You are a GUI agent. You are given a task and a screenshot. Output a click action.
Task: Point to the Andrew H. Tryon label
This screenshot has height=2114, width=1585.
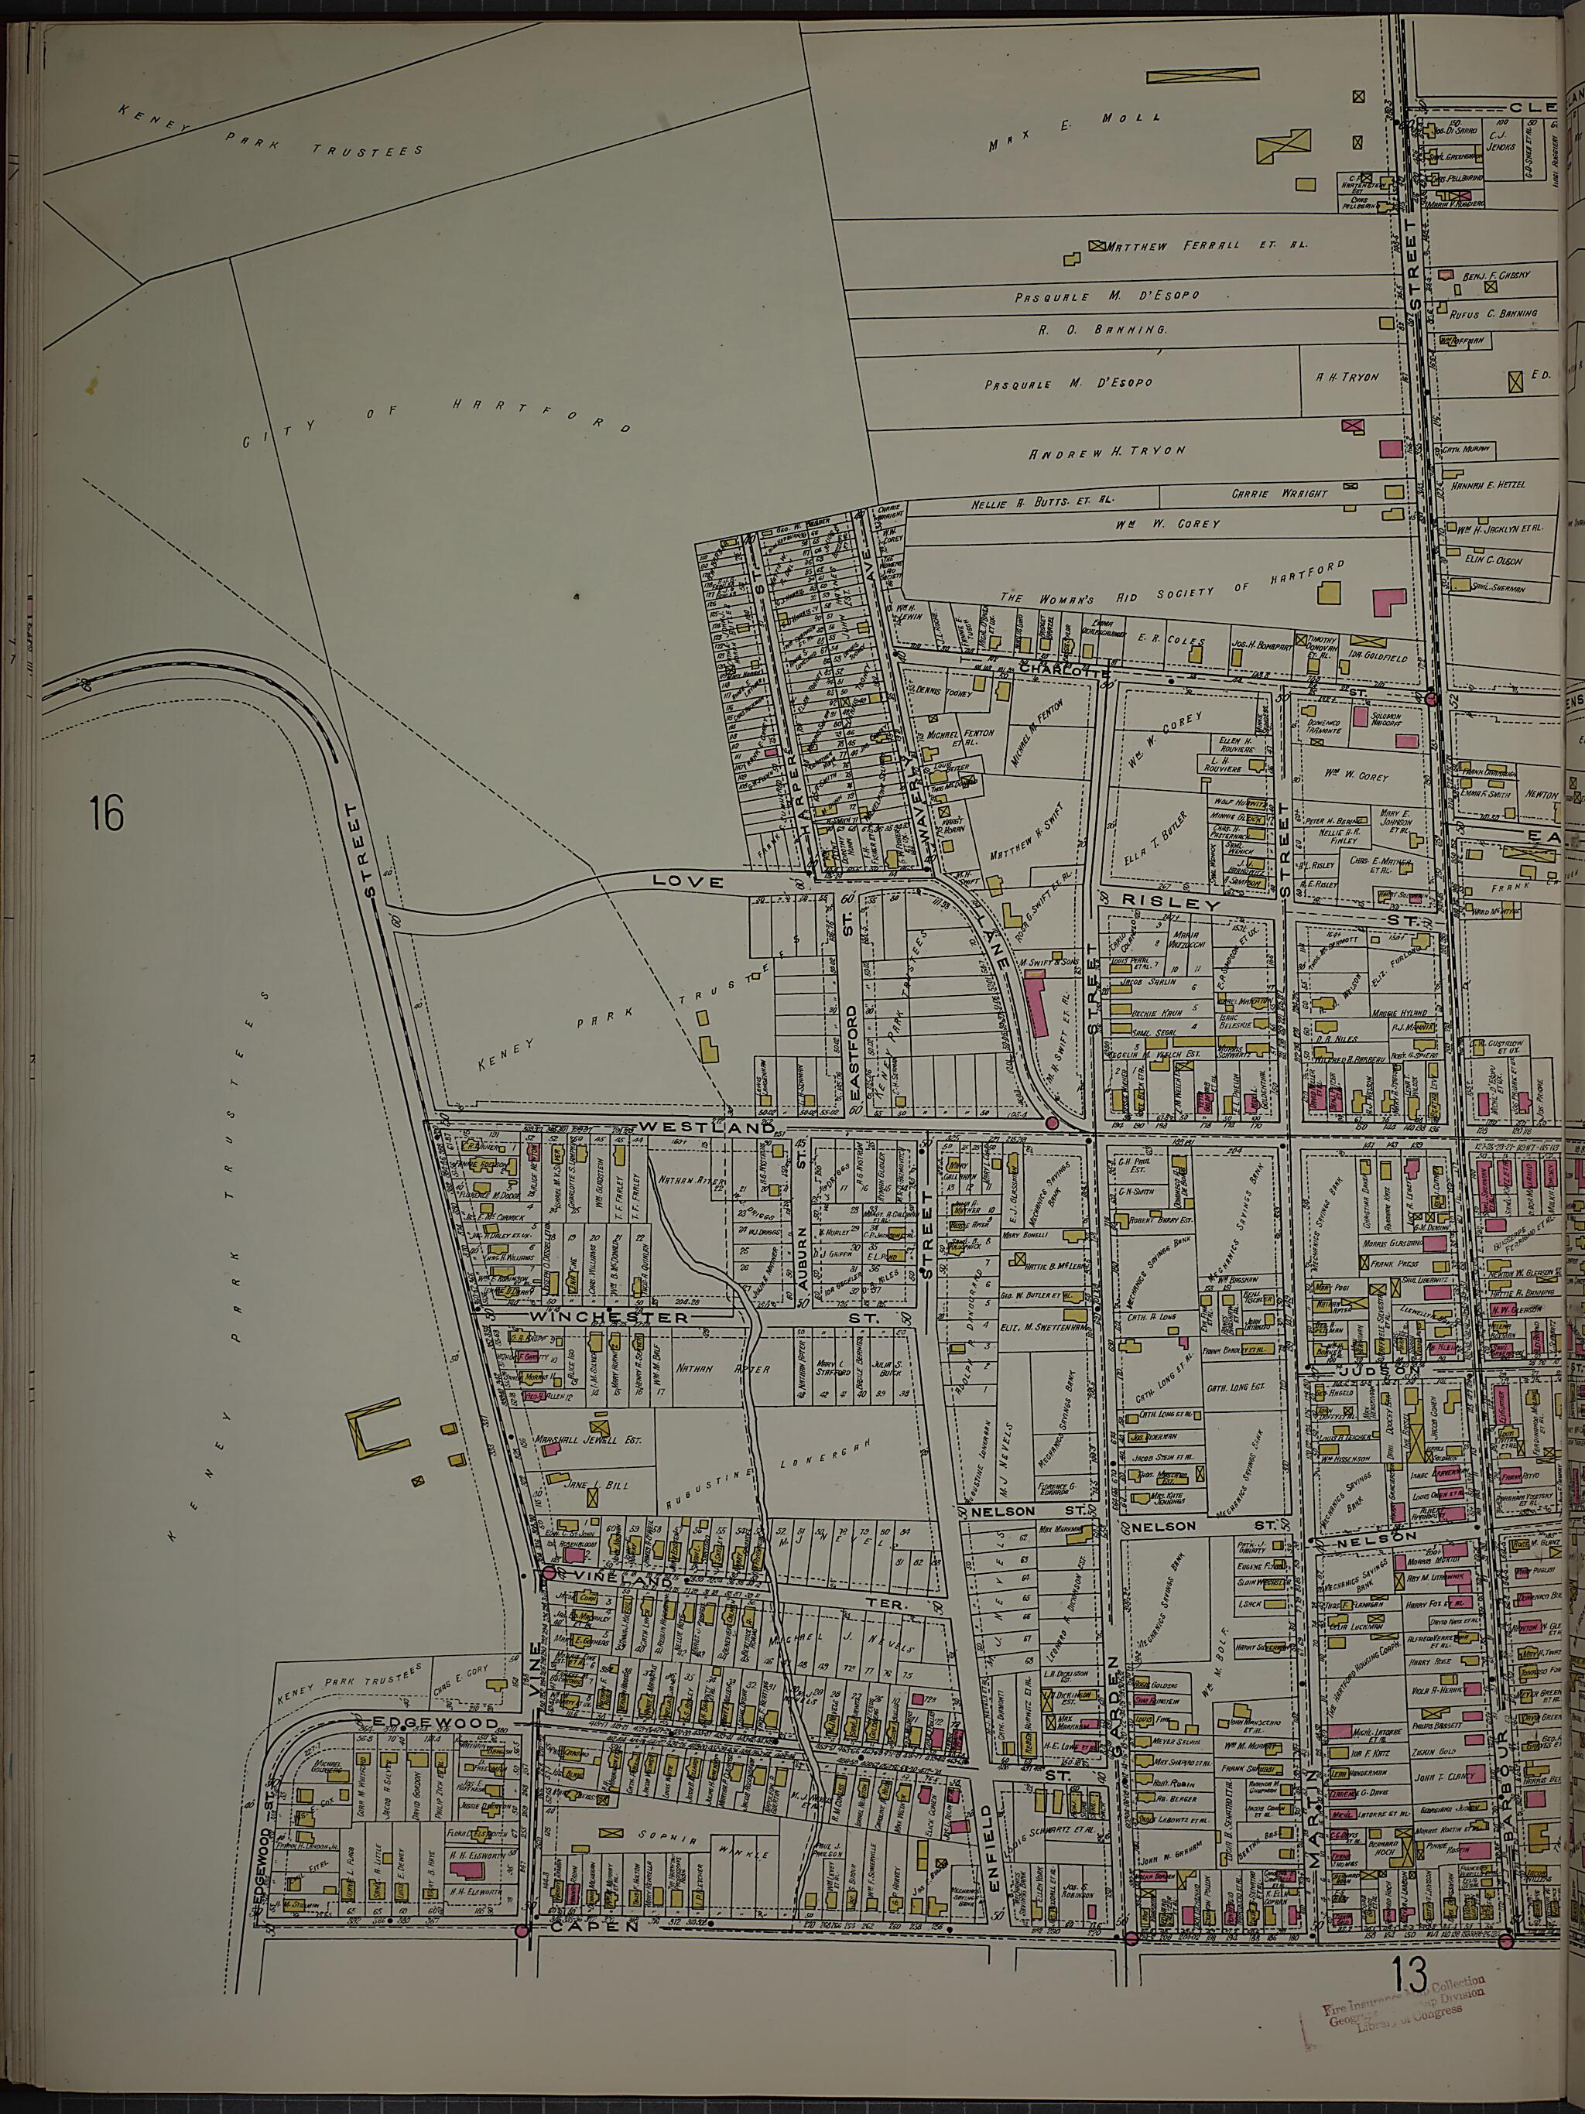[1106, 452]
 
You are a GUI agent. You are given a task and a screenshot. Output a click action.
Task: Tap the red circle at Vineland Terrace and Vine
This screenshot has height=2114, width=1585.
[549, 1571]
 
